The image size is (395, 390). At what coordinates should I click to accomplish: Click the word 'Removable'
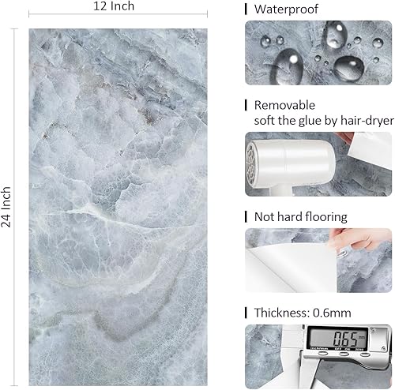click(x=284, y=104)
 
